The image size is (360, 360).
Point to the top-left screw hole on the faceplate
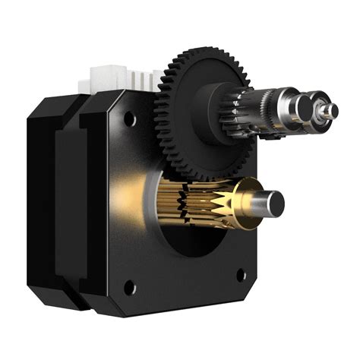130,118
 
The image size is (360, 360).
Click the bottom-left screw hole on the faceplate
129,287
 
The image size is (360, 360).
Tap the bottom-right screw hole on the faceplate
241,275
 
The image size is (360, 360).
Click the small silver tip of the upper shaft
328,111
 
